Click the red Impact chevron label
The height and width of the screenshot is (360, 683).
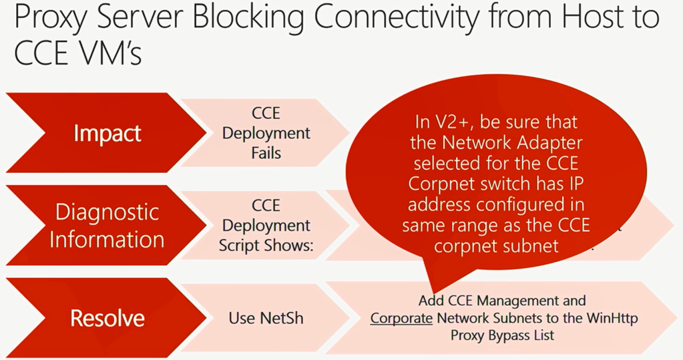[x=107, y=133]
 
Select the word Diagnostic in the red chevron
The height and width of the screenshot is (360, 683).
[x=107, y=212]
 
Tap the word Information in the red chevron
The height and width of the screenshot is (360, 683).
[x=107, y=239]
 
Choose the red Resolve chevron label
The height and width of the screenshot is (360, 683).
[x=107, y=318]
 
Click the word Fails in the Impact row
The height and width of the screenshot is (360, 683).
[x=266, y=153]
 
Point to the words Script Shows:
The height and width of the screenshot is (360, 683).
[x=266, y=246]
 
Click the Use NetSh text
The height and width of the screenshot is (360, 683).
[x=266, y=318]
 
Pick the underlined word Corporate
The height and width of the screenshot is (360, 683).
[x=401, y=319]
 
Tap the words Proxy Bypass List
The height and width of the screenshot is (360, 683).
[x=502, y=335]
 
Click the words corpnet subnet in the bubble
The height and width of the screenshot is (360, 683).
[x=496, y=246]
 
